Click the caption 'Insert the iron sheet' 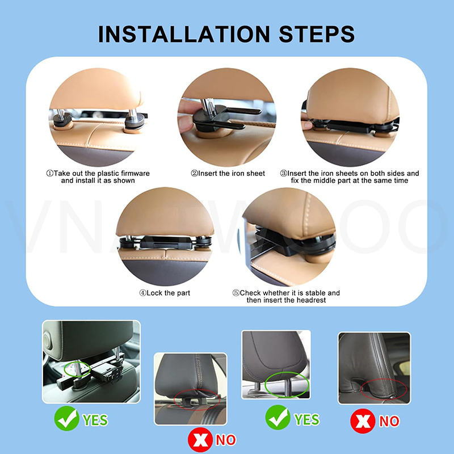[228, 173]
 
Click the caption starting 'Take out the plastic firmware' [98, 176]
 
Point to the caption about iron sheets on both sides [350, 176]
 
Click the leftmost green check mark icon [66, 420]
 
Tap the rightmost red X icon [361, 421]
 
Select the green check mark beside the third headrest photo [278, 419]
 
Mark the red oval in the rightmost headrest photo [384, 389]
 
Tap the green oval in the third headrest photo [288, 384]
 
